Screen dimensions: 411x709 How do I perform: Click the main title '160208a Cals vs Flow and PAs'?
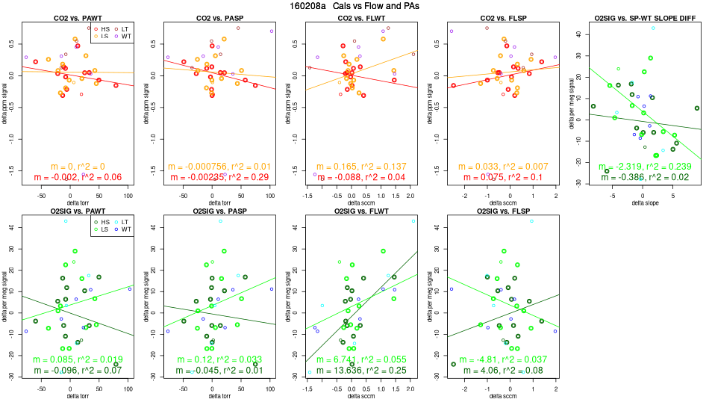coord(354,5)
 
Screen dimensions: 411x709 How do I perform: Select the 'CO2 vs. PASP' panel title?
coord(212,17)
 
